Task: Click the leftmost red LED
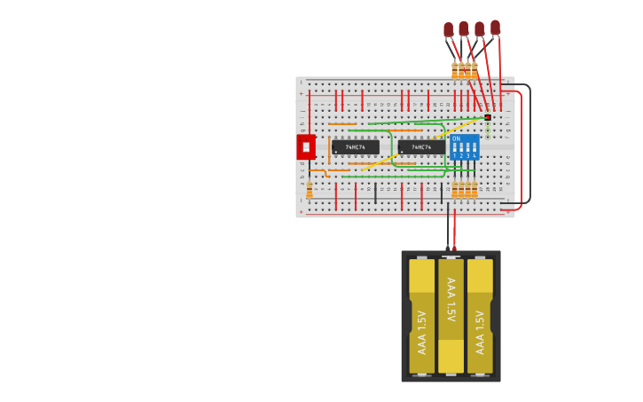(449, 30)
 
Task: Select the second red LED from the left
(464, 29)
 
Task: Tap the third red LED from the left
(480, 29)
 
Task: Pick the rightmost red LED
(495, 28)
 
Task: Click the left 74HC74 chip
(355, 147)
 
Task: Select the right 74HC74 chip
(421, 147)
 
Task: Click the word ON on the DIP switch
(456, 139)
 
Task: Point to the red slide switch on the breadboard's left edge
(305, 147)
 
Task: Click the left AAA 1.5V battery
(422, 317)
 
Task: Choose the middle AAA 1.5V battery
(451, 315)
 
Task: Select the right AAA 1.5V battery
(480, 317)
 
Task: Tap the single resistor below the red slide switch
(310, 191)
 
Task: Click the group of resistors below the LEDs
(464, 70)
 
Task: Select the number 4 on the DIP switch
(474, 155)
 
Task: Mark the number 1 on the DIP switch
(454, 155)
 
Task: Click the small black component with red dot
(487, 117)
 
